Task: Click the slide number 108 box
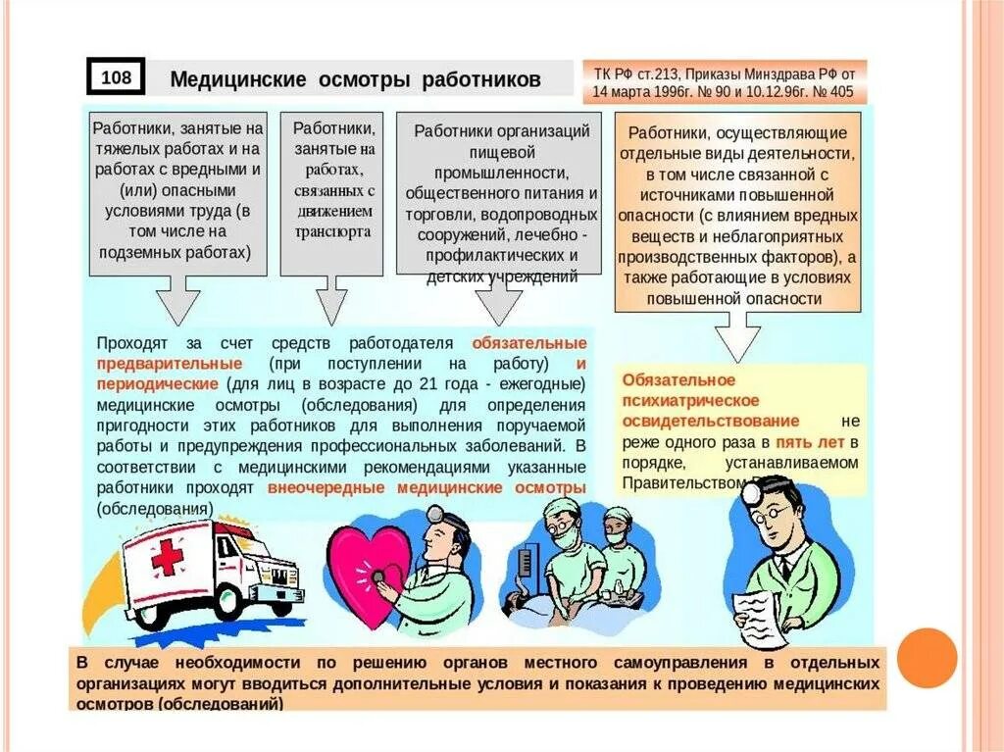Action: tap(116, 77)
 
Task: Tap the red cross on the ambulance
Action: tap(167, 557)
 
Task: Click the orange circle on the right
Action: tap(926, 657)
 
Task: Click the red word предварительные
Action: tap(170, 363)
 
